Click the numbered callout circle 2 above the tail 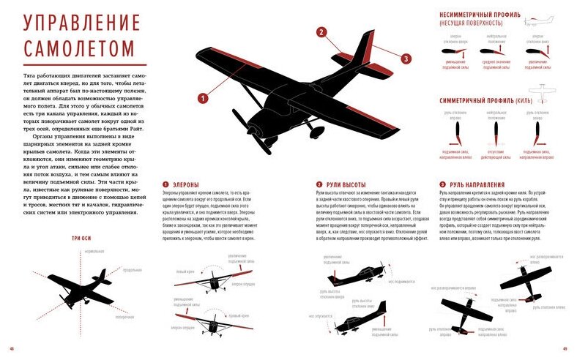click(321, 32)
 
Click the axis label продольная click(133, 270)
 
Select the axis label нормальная click(95, 251)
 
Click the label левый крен click(185, 272)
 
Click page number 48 click(11, 348)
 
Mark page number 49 click(565, 348)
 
